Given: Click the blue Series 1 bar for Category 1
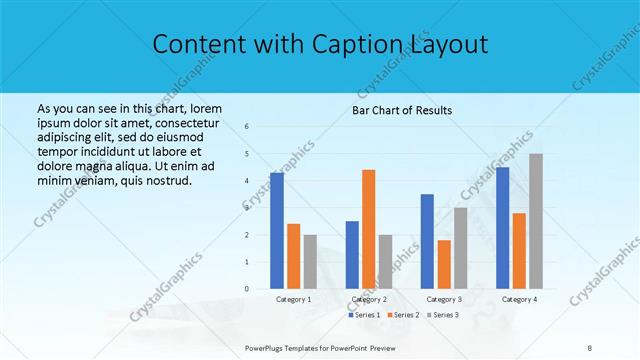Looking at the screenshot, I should [x=277, y=231].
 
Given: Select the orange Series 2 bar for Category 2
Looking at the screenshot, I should [x=369, y=229].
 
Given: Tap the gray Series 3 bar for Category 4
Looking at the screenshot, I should [x=536, y=221].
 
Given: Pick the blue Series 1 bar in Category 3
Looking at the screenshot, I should [x=427, y=241].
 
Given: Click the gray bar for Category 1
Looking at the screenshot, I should [x=310, y=262].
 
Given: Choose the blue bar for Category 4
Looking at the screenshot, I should [x=502, y=228].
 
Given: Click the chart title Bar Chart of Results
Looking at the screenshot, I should [x=401, y=109].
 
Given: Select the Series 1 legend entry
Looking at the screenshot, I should [x=364, y=315].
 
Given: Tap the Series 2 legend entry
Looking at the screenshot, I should [x=403, y=315].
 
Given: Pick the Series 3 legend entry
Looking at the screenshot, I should [x=442, y=315].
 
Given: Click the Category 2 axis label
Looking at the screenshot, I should [x=369, y=299].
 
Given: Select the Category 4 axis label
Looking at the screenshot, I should [x=519, y=299].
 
